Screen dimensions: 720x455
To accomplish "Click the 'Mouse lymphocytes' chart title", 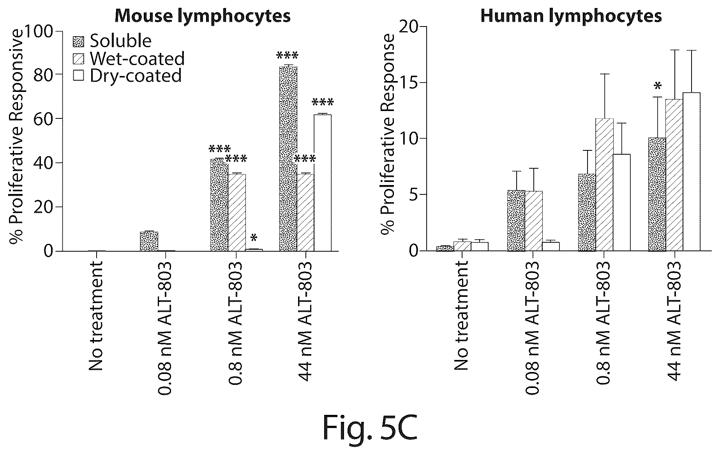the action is pyautogui.click(x=203, y=16).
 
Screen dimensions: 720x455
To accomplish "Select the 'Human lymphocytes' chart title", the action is pyautogui.click(x=571, y=16).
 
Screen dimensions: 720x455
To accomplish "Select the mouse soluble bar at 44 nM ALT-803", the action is pyautogui.click(x=288, y=159).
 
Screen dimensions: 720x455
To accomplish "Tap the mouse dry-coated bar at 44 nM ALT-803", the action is pyautogui.click(x=323, y=183).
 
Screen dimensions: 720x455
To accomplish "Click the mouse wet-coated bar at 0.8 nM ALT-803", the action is pyautogui.click(x=237, y=212).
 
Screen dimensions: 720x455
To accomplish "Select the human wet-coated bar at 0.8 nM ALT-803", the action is pyautogui.click(x=605, y=185).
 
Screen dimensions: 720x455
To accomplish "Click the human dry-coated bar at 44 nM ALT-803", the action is pyautogui.click(x=692, y=172).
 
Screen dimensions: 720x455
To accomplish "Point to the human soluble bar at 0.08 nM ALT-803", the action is pyautogui.click(x=516, y=220).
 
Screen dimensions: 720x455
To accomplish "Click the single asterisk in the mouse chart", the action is pyautogui.click(x=254, y=238).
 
